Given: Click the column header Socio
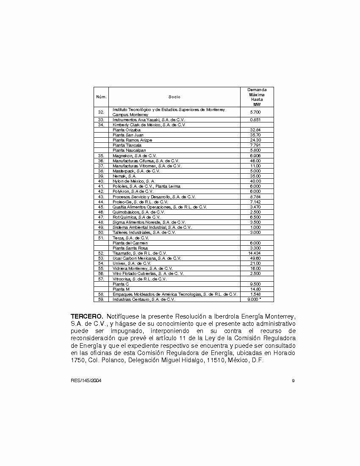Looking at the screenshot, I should coord(174,97).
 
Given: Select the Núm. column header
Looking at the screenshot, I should coord(101,97).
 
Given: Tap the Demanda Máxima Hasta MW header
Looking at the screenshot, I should coord(257,97).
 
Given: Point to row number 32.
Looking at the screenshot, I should coord(101,112).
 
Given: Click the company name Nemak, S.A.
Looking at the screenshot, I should coord(124,176).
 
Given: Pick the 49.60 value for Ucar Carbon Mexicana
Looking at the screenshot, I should coord(255,258).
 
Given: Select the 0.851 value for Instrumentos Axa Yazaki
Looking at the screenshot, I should coord(255,120).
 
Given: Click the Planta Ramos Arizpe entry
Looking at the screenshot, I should coord(132,140).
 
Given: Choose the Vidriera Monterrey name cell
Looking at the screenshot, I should coord(142,269).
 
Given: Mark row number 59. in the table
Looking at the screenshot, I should coord(101,300).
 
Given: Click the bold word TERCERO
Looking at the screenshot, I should coord(87,317).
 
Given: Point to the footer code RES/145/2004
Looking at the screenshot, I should coord(86,380).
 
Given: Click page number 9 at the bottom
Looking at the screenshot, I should coord(293,380).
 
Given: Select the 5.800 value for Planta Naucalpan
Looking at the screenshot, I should coord(255,150).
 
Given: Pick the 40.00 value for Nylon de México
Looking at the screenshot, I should coord(255,181).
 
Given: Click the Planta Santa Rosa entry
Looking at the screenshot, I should coord(130,248).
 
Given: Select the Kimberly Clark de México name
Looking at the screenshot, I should coord(149,125).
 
